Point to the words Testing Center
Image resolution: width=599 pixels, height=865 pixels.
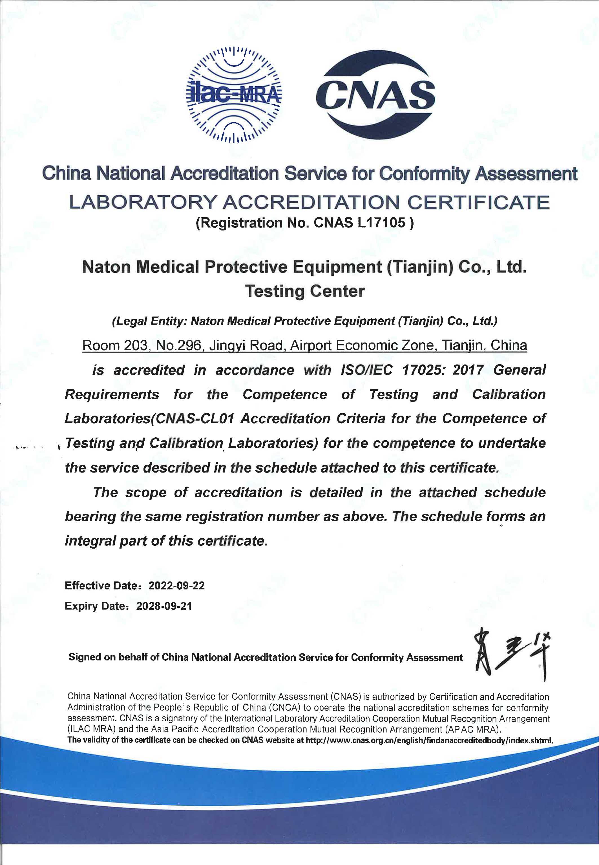[304, 291]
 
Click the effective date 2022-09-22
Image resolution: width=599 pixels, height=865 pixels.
[177, 585]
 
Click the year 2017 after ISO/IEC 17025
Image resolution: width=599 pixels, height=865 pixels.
[468, 370]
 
